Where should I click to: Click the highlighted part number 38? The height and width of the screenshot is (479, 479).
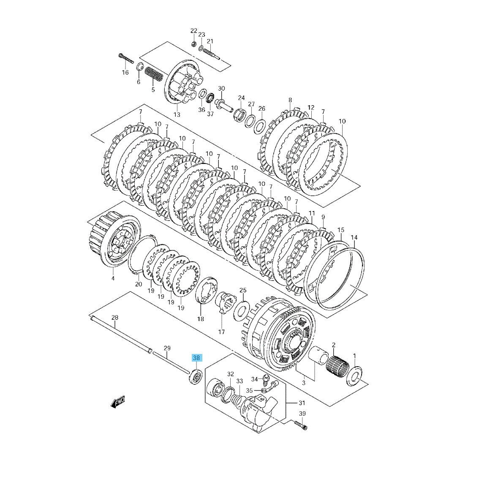coord(196,358)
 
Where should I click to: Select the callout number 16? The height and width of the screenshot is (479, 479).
coord(125,72)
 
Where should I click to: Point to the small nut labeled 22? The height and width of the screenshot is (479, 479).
coord(193,44)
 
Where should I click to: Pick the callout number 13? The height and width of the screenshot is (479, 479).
coord(177,114)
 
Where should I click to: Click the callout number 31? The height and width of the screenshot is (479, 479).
coord(302,403)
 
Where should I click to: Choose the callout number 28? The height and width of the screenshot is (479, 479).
coord(114,318)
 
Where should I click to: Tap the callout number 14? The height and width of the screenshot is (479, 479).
coord(354,237)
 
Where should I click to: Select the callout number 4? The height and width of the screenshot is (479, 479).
coord(113,278)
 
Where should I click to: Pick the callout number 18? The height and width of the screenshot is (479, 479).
coord(200,319)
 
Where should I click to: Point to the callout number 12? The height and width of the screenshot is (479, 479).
coord(311,108)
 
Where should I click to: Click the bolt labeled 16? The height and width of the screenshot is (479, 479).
coord(125,58)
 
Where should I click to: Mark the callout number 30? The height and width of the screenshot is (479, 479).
coord(221,89)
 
